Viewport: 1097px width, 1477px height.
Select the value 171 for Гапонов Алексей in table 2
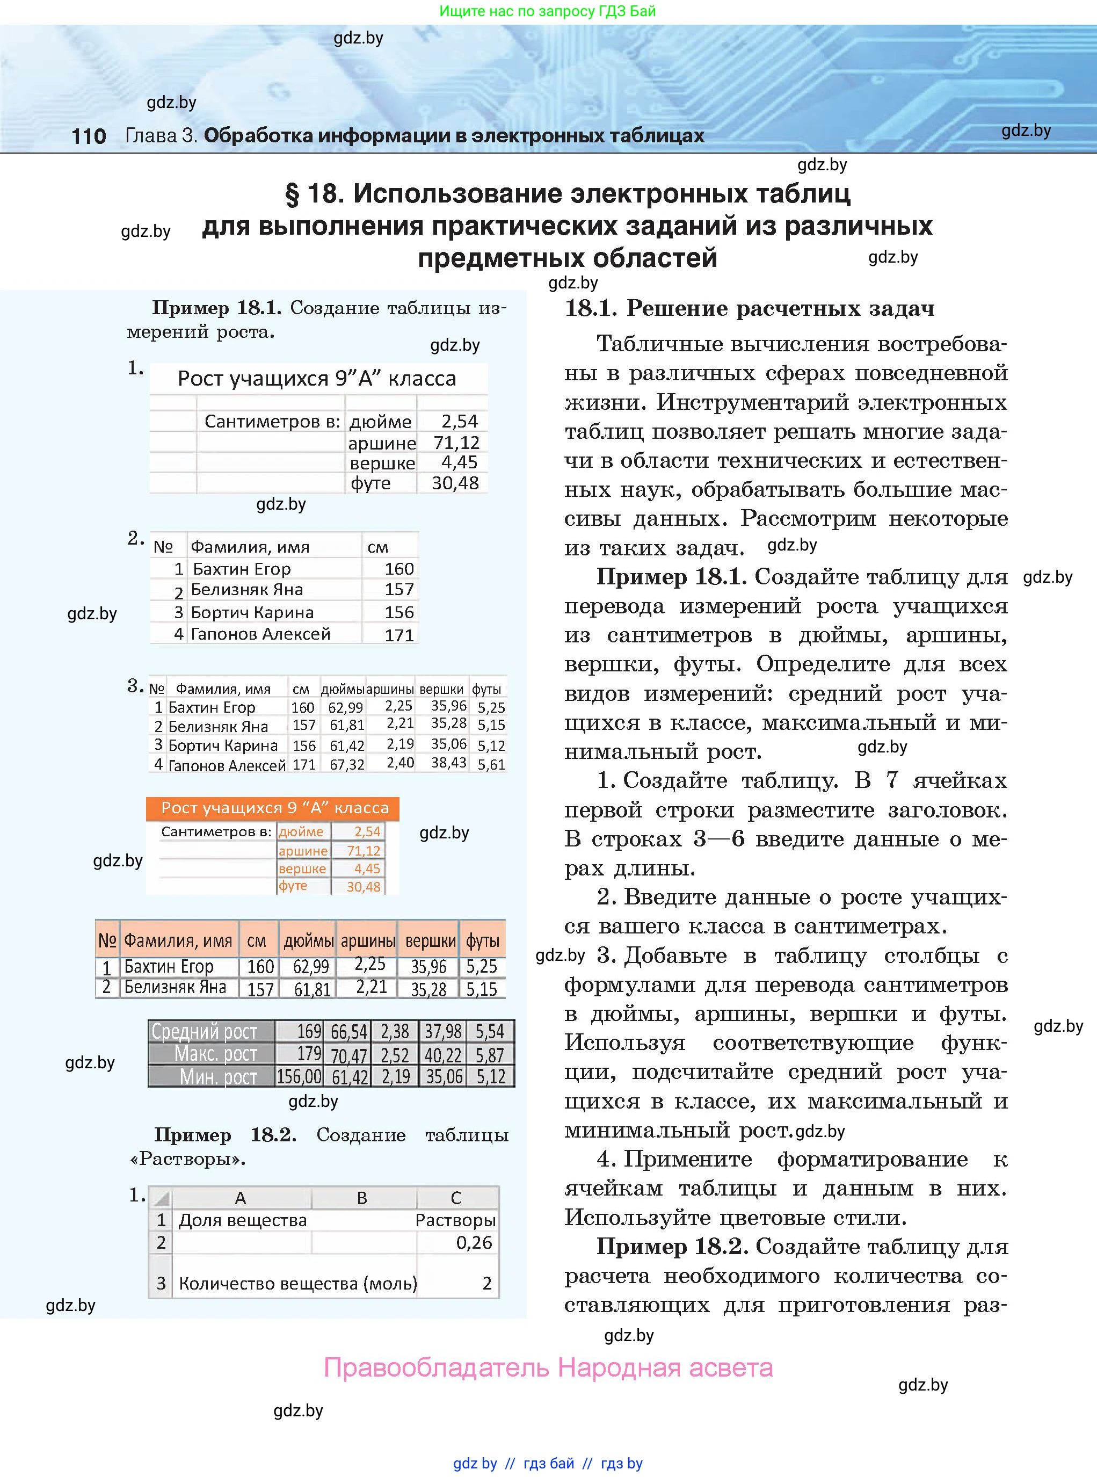coord(399,635)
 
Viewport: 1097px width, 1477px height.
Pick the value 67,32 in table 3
coord(347,764)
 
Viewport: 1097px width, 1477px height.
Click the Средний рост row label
coord(205,1031)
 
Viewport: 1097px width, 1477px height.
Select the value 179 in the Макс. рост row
coord(309,1054)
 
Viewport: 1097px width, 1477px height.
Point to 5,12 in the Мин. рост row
coord(491,1076)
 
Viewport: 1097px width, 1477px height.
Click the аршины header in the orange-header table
coord(368,941)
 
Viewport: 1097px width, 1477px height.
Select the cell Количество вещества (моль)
coord(297,1284)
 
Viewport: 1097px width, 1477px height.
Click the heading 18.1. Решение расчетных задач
coord(749,308)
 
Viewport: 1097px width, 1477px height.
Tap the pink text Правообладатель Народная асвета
coord(548,1368)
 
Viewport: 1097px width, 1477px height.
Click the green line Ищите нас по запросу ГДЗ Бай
coord(547,11)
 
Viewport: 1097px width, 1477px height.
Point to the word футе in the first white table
coord(370,483)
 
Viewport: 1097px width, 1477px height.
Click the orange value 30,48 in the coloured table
coord(363,887)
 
